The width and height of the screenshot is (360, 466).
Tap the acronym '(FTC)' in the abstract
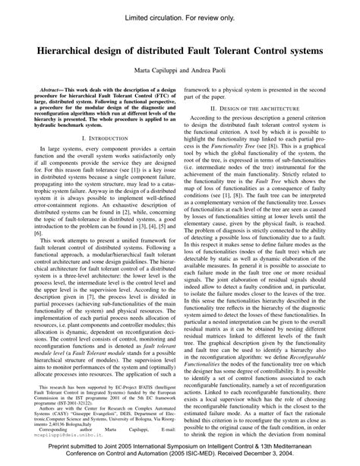pos(163,97)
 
